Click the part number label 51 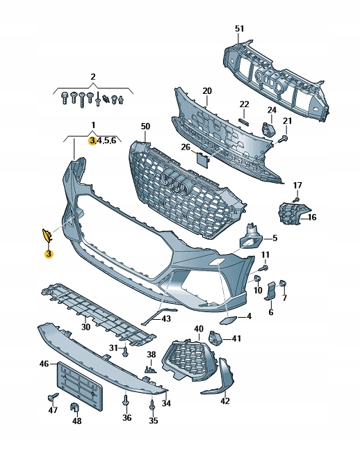pos(240,29)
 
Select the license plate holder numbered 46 pos(79,386)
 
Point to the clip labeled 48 pos(76,407)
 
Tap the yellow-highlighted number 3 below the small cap pos(49,253)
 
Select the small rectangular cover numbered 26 pos(204,159)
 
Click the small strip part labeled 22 pos(244,122)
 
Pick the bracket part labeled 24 pos(268,130)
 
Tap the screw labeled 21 pos(284,139)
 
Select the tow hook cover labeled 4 pos(228,320)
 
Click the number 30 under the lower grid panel pos(85,327)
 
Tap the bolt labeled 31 pos(125,350)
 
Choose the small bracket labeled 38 pos(151,370)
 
